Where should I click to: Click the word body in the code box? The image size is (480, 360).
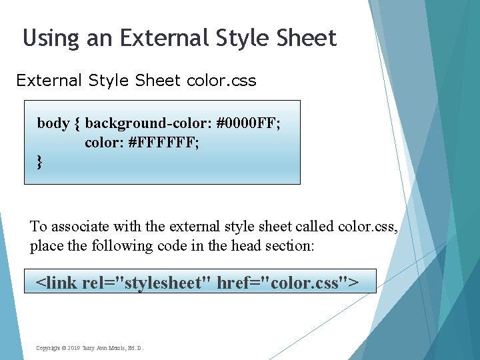click(x=53, y=123)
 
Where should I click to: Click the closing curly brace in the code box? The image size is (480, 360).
click(x=39, y=162)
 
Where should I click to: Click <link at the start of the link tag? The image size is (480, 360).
click(x=57, y=282)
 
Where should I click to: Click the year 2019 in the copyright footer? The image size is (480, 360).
click(x=74, y=348)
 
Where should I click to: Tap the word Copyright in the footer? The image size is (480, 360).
click(x=48, y=348)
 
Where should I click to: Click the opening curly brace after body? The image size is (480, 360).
click(x=77, y=124)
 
